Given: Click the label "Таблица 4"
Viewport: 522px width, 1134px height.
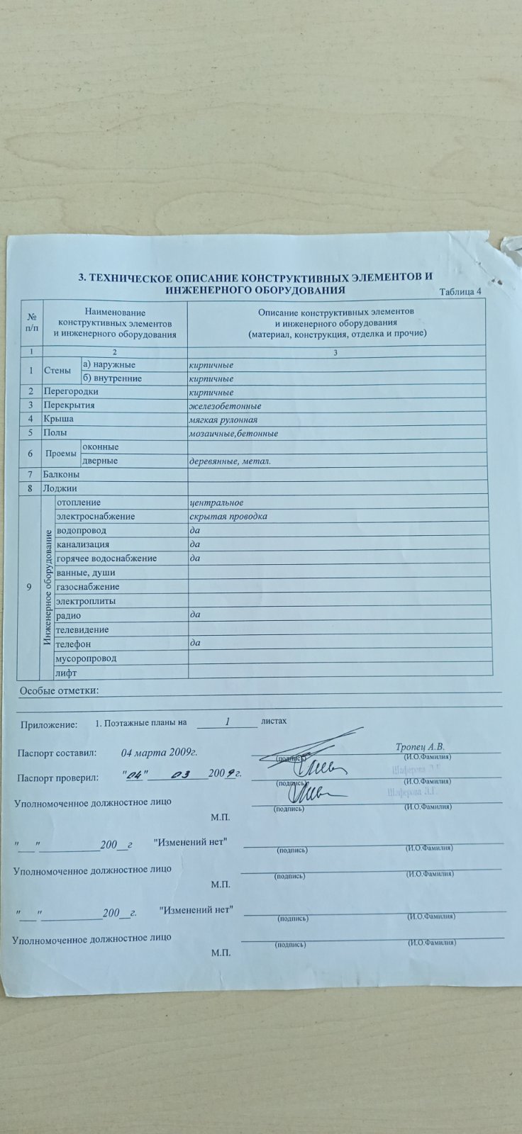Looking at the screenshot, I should point(460,291).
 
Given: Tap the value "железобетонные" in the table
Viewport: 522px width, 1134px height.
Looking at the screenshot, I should point(225,406).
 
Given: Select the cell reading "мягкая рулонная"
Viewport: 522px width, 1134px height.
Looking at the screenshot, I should point(223,420).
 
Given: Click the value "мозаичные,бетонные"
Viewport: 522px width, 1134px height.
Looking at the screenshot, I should point(233,433).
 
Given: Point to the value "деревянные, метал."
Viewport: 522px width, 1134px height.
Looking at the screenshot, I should point(230,461).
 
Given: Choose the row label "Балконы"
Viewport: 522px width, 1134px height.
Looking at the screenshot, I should point(61,474).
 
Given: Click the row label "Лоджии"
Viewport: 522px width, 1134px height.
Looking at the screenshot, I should point(60,488).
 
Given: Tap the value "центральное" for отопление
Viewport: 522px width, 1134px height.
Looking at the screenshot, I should point(216,503).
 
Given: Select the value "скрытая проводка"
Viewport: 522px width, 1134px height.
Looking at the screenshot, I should point(228,517).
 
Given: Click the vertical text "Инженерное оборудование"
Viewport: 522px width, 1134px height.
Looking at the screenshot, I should point(48,587).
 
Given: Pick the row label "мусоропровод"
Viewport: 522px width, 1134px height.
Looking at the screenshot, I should point(86,658).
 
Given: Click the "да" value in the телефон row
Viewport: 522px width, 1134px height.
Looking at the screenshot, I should point(195,644).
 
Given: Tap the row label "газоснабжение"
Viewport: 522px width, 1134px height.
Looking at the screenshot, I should point(88,587).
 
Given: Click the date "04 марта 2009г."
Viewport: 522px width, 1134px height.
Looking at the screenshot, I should point(159,753).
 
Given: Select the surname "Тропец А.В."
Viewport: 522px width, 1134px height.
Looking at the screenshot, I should point(420,747).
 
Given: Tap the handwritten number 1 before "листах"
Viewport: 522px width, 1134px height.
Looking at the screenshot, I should point(228,722).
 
